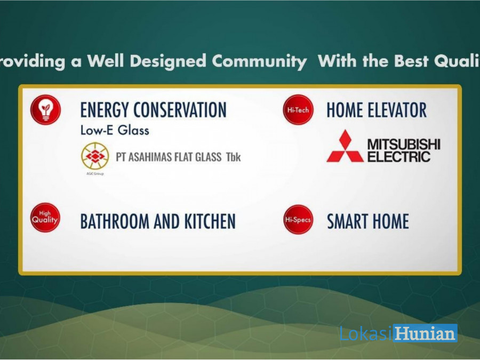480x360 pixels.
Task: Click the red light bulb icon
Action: click(x=46, y=109)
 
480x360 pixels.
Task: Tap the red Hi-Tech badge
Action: click(x=298, y=110)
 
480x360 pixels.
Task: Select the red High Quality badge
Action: click(x=45, y=218)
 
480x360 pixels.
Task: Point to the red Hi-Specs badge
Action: click(x=298, y=220)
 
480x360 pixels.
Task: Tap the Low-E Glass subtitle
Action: click(x=115, y=131)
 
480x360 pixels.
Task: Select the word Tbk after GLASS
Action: click(x=233, y=157)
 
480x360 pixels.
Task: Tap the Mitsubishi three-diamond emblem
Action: click(x=345, y=146)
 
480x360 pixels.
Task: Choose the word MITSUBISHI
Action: click(x=404, y=144)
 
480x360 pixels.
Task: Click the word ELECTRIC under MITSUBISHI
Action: click(x=399, y=157)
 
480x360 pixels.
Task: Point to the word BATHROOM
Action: click(x=115, y=221)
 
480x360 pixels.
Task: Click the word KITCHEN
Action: click(x=210, y=221)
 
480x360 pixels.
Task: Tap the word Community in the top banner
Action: click(x=259, y=61)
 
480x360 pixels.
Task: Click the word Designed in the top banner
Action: click(x=168, y=61)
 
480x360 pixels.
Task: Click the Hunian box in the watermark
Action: click(x=425, y=333)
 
